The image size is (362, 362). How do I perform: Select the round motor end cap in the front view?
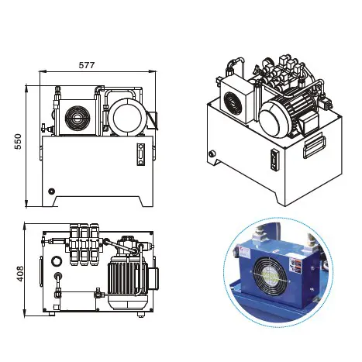(125, 118)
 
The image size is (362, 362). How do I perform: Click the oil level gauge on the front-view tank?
(140, 154)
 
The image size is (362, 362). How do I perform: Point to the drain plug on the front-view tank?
(51, 191)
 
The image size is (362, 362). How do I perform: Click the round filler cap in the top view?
(58, 275)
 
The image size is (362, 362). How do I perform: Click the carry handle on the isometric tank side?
(314, 145)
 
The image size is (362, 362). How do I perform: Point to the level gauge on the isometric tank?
(273, 160)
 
